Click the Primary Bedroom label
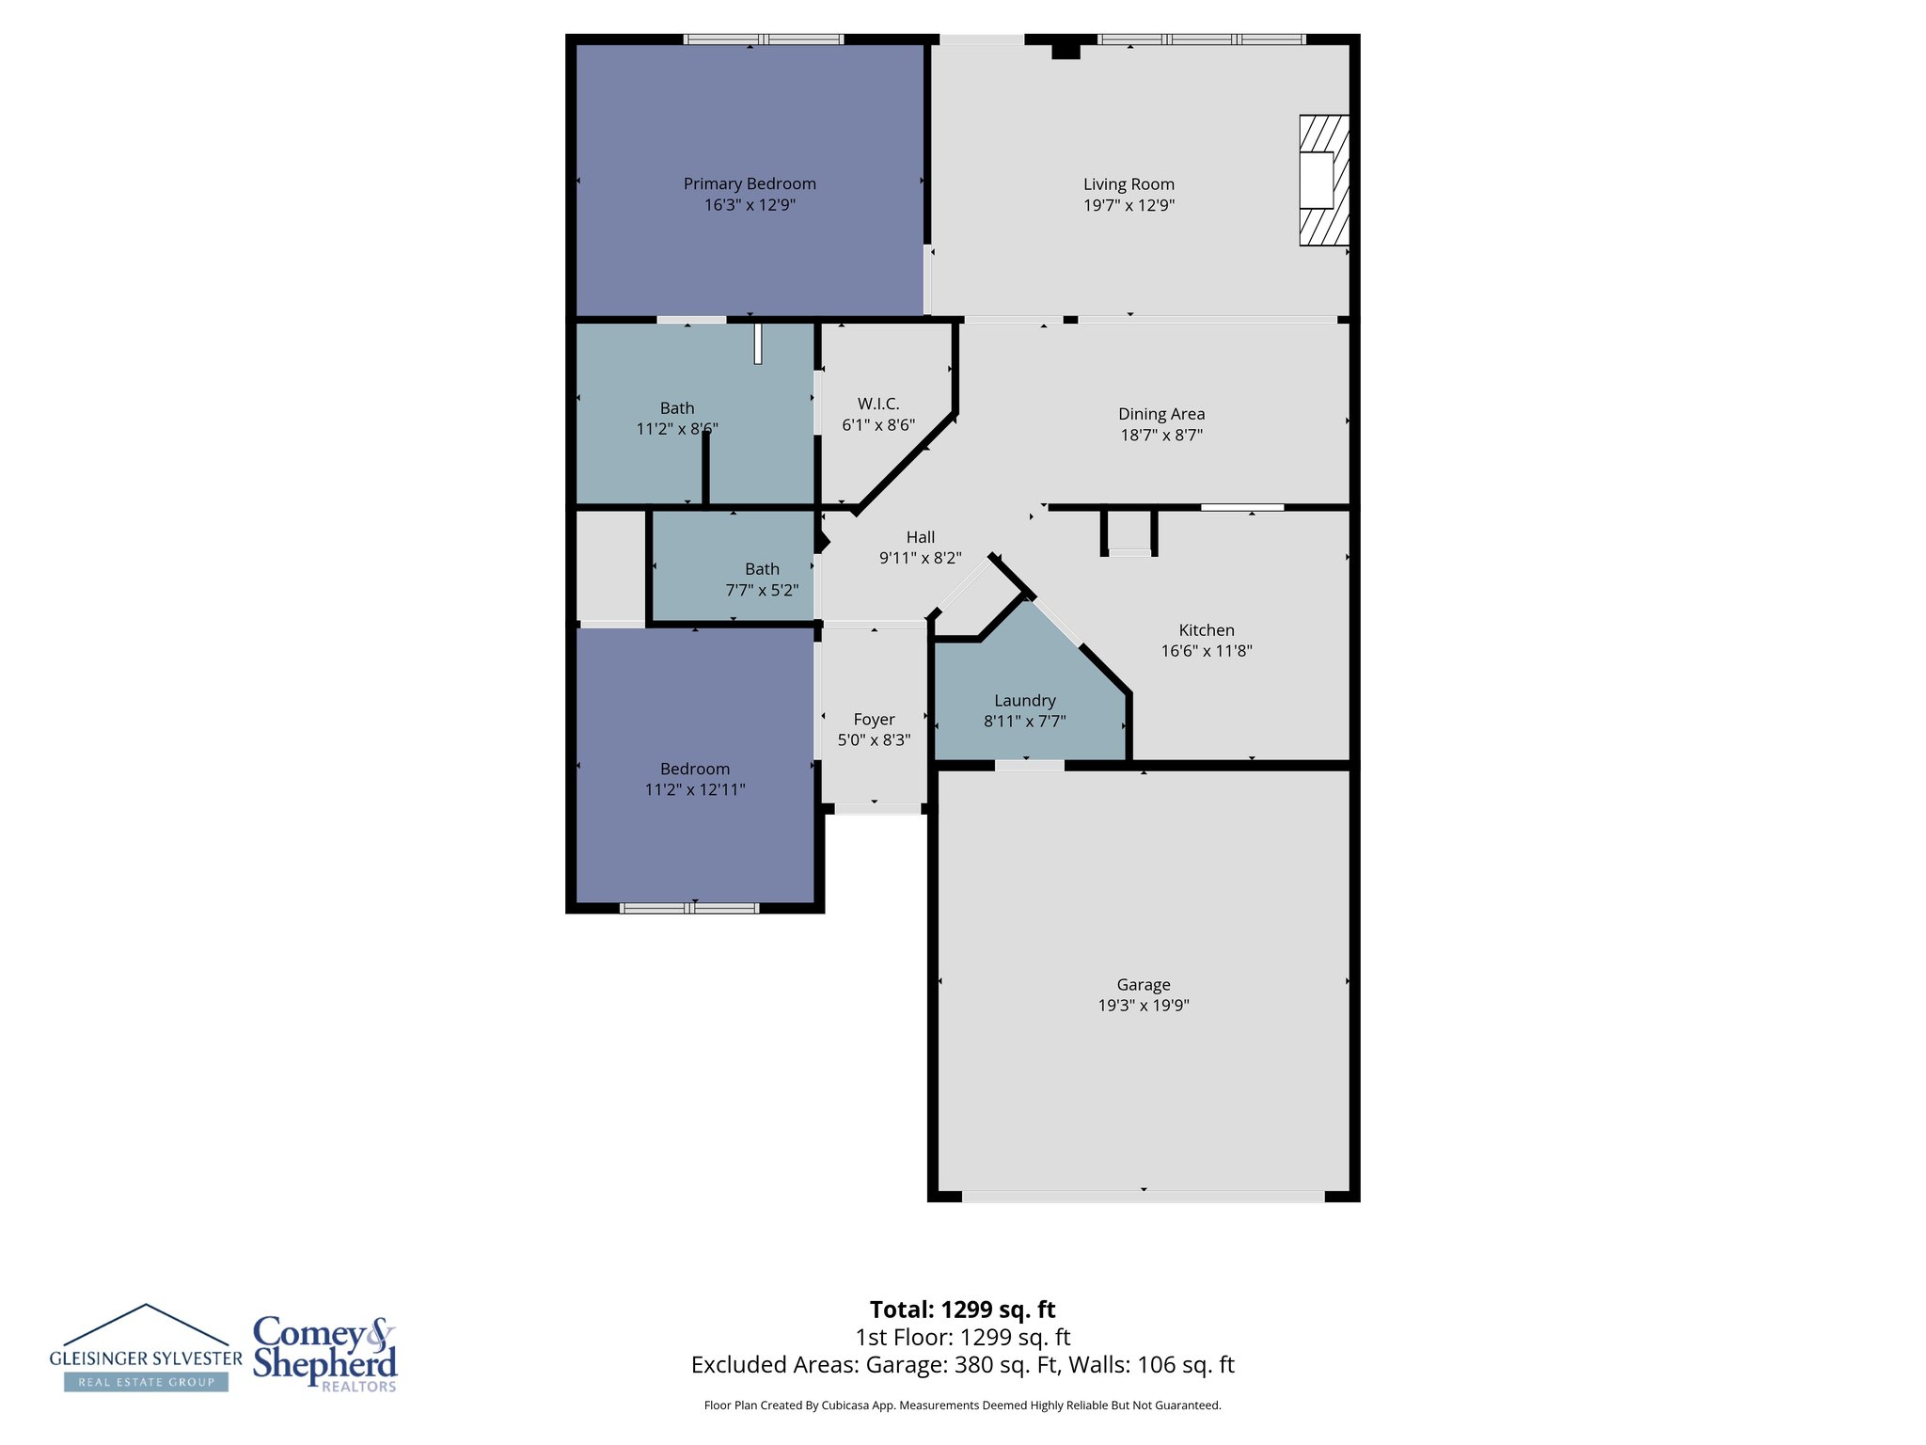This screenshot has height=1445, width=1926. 750,183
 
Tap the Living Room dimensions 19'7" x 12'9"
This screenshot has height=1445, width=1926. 1129,205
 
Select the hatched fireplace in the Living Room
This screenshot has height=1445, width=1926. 1323,181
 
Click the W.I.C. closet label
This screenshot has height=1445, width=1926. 878,404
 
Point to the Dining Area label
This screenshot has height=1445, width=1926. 1161,414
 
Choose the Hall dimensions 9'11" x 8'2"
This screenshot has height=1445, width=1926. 920,558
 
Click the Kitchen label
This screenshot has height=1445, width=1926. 1207,630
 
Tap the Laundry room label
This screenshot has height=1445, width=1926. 1025,701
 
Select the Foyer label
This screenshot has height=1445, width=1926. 874,720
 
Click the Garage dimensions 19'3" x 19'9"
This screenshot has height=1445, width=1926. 1144,1005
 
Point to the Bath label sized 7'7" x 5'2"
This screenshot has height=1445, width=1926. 762,569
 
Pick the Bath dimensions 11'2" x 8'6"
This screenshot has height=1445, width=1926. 677,429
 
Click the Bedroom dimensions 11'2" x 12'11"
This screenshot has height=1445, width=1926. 695,789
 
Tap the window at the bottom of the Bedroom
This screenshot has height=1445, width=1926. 689,908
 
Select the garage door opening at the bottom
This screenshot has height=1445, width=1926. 1143,1197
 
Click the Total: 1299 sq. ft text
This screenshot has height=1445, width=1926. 962,1310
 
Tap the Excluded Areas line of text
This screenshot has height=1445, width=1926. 962,1365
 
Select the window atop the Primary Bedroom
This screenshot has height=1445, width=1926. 763,40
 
